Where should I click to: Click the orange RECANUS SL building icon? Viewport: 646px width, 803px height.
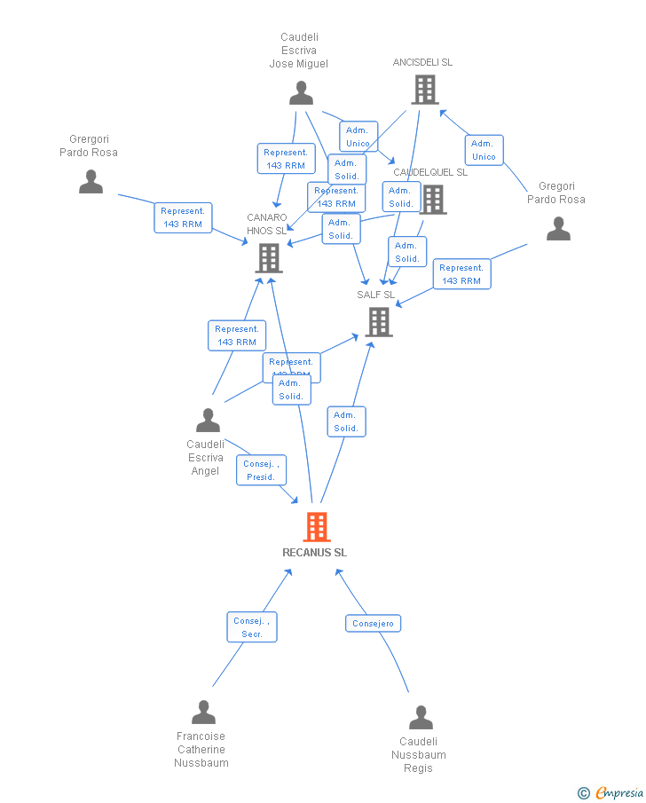[x=316, y=527]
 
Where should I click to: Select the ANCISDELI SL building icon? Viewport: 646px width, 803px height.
[x=424, y=90]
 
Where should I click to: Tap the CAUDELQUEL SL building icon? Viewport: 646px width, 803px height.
[x=433, y=200]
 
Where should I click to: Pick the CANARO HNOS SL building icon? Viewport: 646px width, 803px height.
[x=269, y=257]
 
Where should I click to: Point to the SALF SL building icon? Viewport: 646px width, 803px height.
[x=379, y=321]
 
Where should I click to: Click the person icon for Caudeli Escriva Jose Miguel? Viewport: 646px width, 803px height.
[x=301, y=93]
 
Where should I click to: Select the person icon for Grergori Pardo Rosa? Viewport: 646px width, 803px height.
[x=91, y=182]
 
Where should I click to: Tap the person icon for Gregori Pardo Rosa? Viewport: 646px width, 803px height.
[x=558, y=229]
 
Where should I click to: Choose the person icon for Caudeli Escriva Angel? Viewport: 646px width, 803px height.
[x=208, y=420]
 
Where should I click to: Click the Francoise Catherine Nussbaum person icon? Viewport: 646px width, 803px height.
[x=203, y=712]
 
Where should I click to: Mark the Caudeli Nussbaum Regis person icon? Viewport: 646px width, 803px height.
[x=421, y=717]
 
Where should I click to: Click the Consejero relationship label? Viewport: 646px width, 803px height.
[x=373, y=624]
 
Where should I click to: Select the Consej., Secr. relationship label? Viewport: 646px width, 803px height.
[x=252, y=627]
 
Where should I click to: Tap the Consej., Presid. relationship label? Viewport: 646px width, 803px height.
[x=261, y=470]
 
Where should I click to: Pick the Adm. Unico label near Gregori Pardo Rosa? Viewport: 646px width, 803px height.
[x=484, y=150]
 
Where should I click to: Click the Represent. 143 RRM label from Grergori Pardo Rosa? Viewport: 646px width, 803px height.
[x=184, y=217]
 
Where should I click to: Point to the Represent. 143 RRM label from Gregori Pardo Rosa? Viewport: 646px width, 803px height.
[x=461, y=274]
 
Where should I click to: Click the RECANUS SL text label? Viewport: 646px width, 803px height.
[x=315, y=552]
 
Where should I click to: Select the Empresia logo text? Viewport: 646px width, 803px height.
[x=618, y=792]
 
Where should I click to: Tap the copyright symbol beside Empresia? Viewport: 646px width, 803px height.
[x=583, y=793]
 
